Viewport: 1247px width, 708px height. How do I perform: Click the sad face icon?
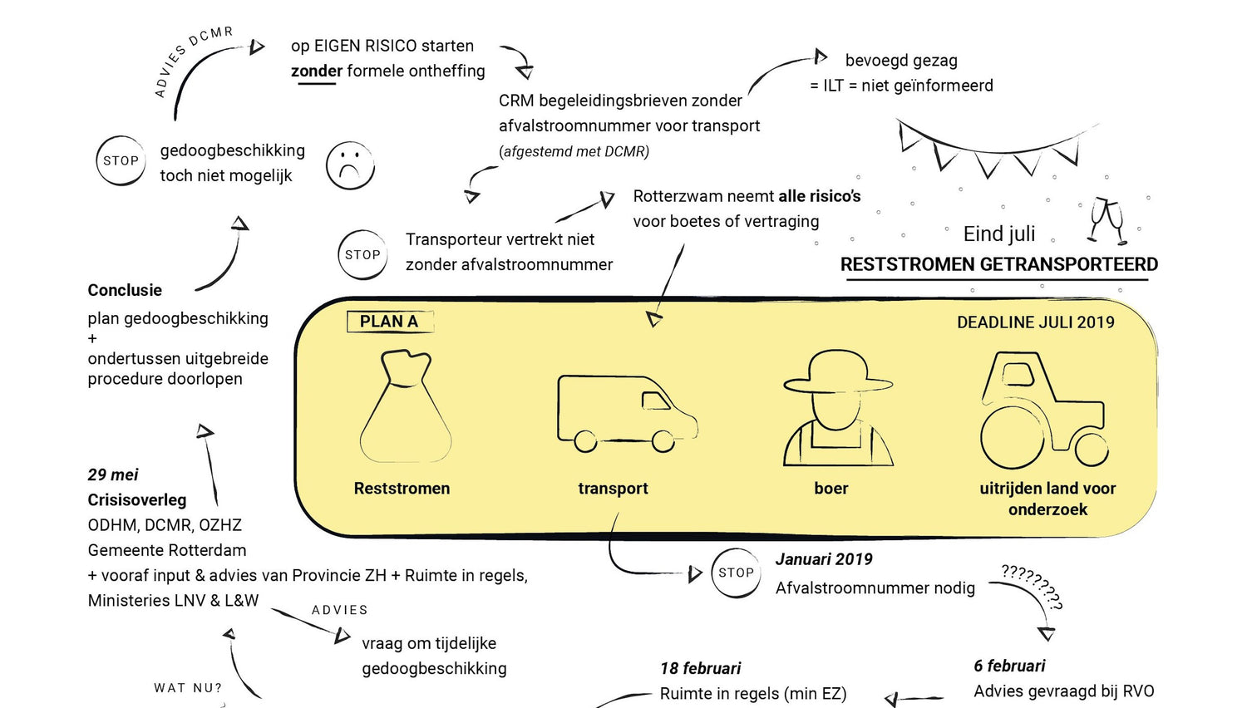[x=350, y=165]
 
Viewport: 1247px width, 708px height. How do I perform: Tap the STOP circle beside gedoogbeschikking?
[x=121, y=160]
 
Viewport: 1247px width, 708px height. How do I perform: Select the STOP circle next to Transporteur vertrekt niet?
[x=362, y=255]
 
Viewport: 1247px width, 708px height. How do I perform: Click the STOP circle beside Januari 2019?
[x=736, y=573]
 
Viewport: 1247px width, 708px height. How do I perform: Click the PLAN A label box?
[x=389, y=322]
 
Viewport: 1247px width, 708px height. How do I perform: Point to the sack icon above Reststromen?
[x=405, y=406]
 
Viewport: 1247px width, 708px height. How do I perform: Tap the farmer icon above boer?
[x=836, y=408]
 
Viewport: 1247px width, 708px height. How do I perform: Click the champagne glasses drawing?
[x=1107, y=221]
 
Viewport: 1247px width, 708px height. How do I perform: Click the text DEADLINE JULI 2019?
[x=1035, y=322]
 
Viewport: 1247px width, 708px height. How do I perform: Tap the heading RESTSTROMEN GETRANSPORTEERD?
[x=998, y=264]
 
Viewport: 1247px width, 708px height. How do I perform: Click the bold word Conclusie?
[x=125, y=290]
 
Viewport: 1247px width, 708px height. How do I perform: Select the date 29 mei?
[x=113, y=474]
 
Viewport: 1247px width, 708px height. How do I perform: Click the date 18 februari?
[x=700, y=668]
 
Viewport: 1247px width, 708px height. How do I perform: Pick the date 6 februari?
[x=1009, y=666]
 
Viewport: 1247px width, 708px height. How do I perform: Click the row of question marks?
[x=1032, y=585]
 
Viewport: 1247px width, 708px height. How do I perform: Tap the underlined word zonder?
[x=316, y=71]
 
